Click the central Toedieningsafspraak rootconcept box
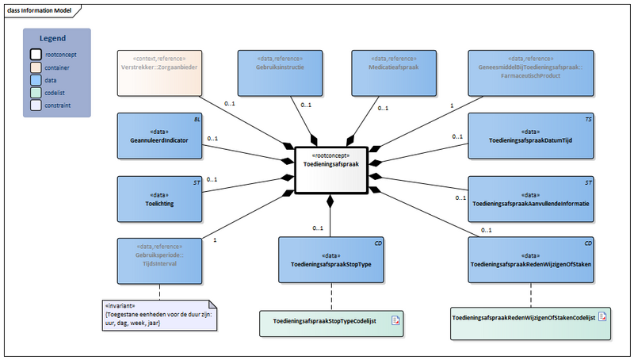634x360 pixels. pyautogui.click(x=330, y=169)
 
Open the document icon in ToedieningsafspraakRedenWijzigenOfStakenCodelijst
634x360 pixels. pyautogui.click(x=602, y=317)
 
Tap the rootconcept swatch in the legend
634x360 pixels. pyautogui.click(x=36, y=55)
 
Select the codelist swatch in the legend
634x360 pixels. pyautogui.click(x=36, y=92)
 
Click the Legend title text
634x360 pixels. pyautogui.click(x=53, y=38)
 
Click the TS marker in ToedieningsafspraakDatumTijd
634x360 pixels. pyautogui.click(x=588, y=118)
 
